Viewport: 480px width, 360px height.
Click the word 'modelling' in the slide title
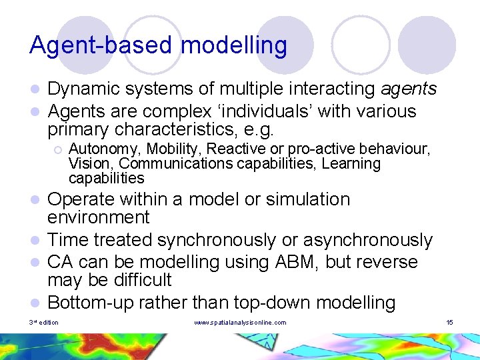coord(234,46)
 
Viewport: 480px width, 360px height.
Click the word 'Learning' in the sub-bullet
coord(351,163)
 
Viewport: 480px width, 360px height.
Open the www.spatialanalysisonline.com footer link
coord(240,323)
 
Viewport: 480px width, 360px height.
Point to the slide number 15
coord(449,323)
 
